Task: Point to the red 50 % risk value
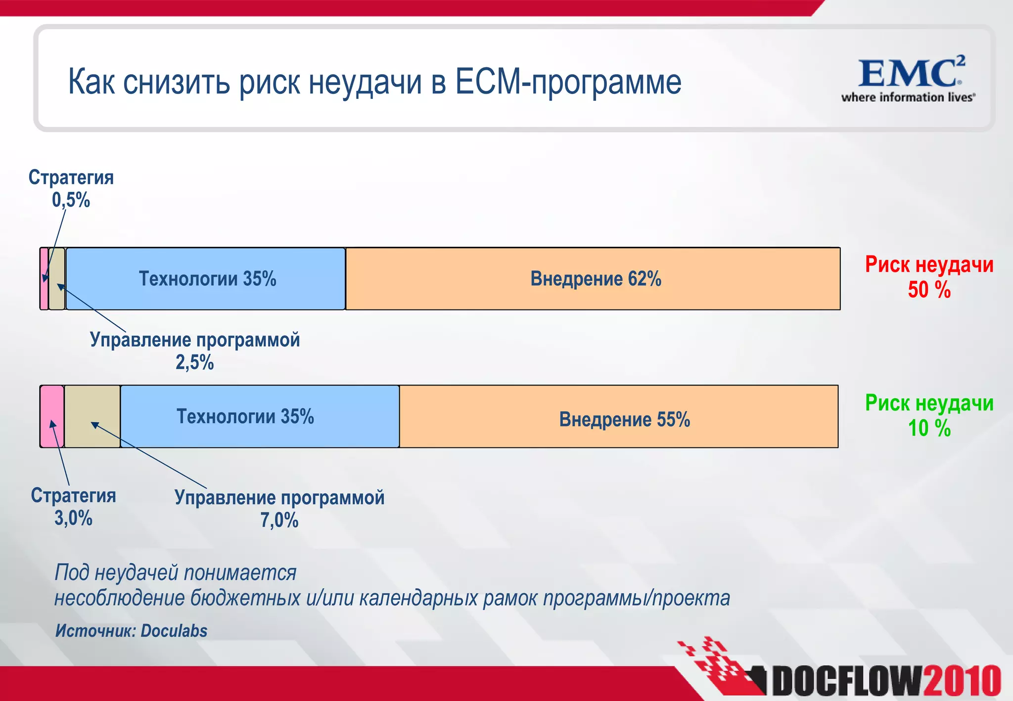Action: (x=928, y=290)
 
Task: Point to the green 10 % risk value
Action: (x=928, y=428)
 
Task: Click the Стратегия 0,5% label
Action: (x=71, y=188)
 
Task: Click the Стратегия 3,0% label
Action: (x=73, y=507)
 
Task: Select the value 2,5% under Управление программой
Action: (x=194, y=362)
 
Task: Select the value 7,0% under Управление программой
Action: (x=279, y=520)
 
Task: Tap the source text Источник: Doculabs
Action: (x=131, y=631)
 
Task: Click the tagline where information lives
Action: (x=908, y=97)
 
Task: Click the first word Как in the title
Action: (x=91, y=82)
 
